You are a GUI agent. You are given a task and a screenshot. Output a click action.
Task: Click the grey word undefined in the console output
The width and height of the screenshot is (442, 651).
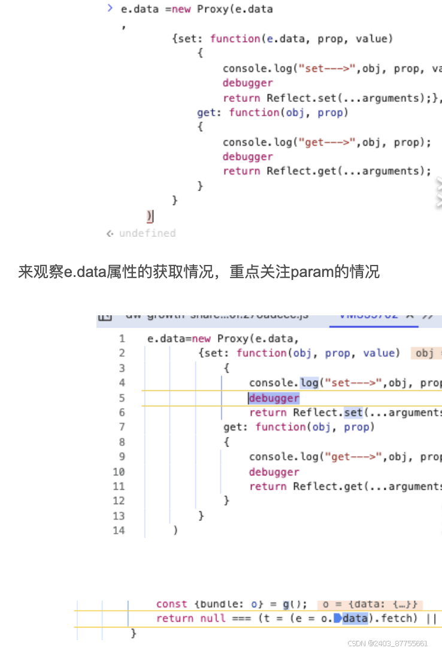pyautogui.click(x=147, y=233)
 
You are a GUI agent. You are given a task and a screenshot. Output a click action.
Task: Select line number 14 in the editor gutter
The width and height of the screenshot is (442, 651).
pyautogui.click(x=118, y=530)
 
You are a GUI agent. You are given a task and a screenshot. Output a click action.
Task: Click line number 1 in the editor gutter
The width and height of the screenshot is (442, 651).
pyautogui.click(x=122, y=339)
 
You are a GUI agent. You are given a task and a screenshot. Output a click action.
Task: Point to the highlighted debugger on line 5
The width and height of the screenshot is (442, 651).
pyautogui.click(x=274, y=398)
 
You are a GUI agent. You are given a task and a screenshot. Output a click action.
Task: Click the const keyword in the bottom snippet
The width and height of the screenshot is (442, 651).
pyautogui.click(x=171, y=604)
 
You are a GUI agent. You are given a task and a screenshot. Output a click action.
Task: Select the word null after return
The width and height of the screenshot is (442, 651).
pyautogui.click(x=213, y=618)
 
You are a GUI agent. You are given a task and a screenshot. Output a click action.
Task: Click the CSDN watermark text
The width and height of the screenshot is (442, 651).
pyautogui.click(x=387, y=643)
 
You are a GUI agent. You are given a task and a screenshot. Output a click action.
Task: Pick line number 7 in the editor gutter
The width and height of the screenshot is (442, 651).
pyautogui.click(x=122, y=427)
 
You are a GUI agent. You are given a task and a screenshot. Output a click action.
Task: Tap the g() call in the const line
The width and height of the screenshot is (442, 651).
pyautogui.click(x=289, y=604)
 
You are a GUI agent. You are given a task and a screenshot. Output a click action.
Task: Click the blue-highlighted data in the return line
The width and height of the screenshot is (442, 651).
pyautogui.click(x=355, y=618)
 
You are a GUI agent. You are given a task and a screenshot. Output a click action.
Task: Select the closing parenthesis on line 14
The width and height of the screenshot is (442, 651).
pyautogui.click(x=175, y=530)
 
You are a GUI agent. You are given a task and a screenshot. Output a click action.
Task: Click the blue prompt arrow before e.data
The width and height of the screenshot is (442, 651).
pyautogui.click(x=110, y=8)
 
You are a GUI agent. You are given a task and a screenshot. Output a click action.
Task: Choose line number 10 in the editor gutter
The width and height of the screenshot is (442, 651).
pyautogui.click(x=118, y=472)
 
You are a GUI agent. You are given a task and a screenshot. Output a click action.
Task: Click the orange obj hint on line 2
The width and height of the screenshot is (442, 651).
pyautogui.click(x=426, y=353)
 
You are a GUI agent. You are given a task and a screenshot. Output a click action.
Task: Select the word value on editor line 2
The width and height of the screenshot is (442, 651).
pyautogui.click(x=380, y=353)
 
